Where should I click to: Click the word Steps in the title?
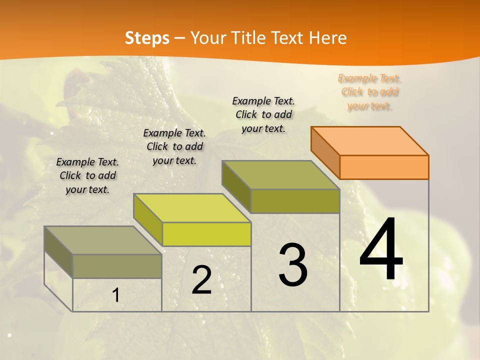[x=147, y=38]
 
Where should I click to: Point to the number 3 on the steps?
[x=293, y=265]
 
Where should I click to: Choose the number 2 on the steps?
[x=201, y=280]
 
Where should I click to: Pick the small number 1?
[x=116, y=295]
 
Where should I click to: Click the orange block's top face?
[x=369, y=140]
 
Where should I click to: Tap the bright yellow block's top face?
[x=192, y=208]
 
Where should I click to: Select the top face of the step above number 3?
[x=280, y=175]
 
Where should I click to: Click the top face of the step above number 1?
[x=102, y=240]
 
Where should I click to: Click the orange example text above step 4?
[x=369, y=92]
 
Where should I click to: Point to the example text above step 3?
[x=263, y=114]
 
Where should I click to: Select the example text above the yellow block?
[x=174, y=146]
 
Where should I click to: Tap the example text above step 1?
[x=87, y=175]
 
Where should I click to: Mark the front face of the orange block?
[x=384, y=167]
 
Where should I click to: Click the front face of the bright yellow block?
[x=206, y=234]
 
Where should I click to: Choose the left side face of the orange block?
[x=325, y=152]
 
